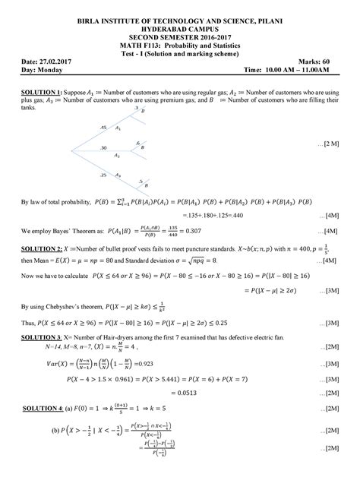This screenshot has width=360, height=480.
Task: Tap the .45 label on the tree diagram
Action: (x=104, y=128)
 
